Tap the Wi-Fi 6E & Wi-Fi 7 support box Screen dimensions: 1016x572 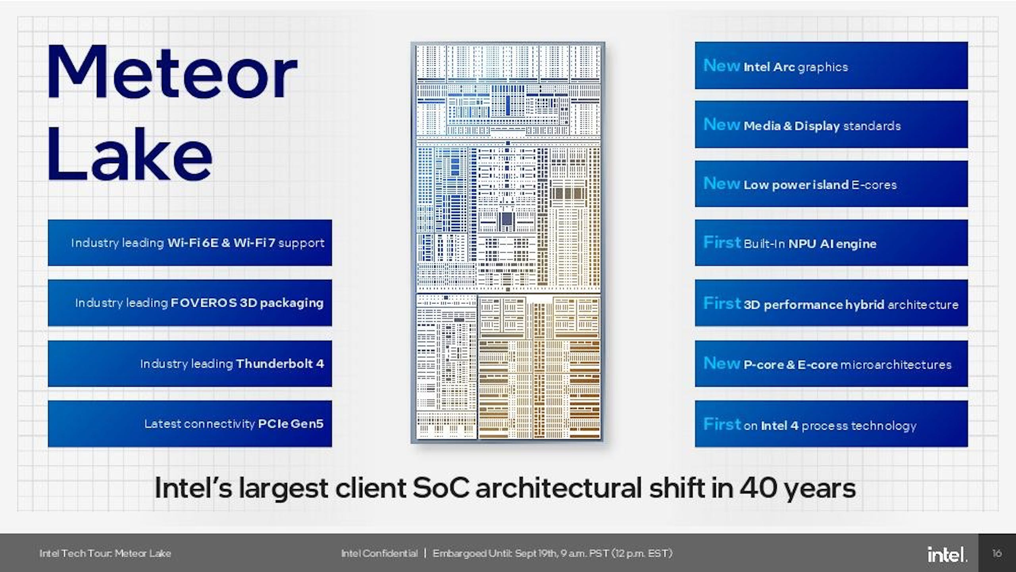point(190,243)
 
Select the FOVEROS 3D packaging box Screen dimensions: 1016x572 point(190,303)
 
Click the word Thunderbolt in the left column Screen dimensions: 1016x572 point(274,363)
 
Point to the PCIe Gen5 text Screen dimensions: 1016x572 point(291,424)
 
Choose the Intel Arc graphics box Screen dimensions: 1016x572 point(831,65)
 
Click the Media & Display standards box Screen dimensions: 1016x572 point(831,125)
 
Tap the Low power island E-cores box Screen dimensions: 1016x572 point(831,184)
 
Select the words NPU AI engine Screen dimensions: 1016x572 point(832,243)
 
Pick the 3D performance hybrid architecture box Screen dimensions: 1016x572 point(831,303)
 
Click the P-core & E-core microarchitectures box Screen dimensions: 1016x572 point(831,363)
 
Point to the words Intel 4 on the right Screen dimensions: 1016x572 point(780,426)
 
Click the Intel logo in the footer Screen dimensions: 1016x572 point(947,554)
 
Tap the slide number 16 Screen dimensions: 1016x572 point(997,553)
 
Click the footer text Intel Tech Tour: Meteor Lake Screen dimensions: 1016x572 point(105,553)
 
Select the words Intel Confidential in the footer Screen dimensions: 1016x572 point(379,553)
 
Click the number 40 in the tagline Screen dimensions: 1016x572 point(758,488)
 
